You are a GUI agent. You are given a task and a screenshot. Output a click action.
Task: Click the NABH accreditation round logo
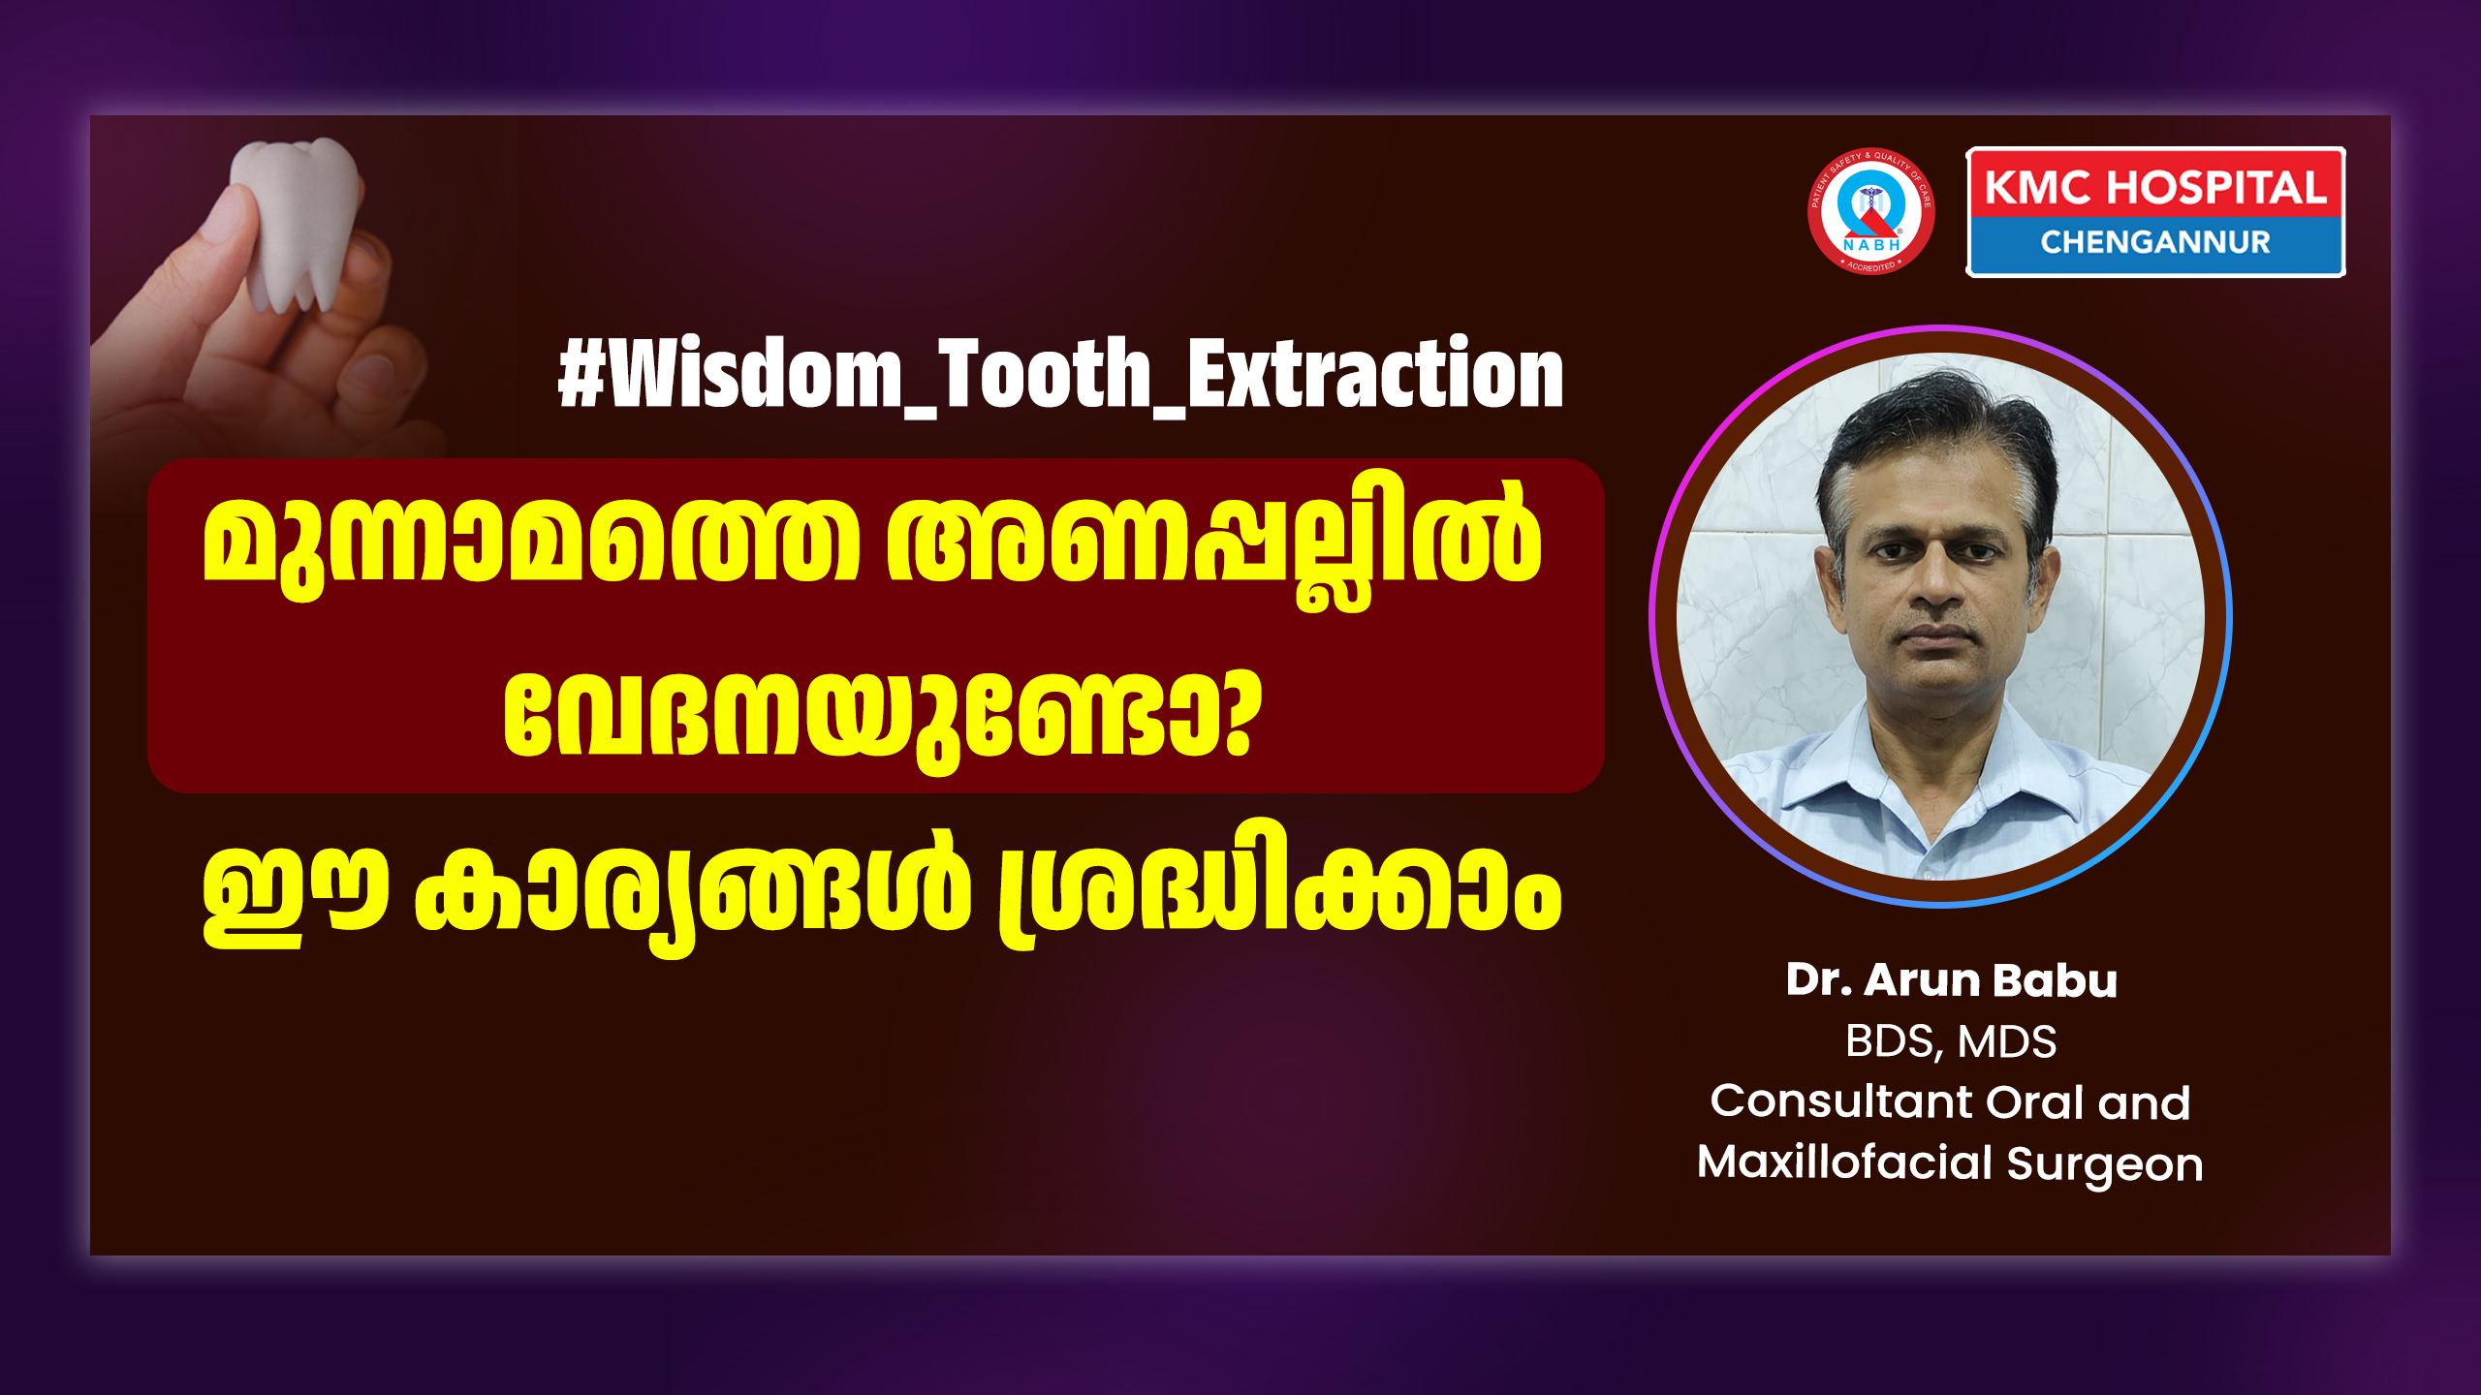click(x=1870, y=210)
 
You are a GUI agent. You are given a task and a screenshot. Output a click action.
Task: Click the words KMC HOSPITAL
click(x=2155, y=187)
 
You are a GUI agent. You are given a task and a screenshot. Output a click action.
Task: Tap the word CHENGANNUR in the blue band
click(x=2155, y=242)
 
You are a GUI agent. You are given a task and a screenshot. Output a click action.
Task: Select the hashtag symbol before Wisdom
click(x=581, y=374)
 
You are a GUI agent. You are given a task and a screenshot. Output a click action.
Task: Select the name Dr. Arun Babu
click(x=1951, y=980)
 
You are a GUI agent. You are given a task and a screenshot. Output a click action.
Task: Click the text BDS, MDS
click(x=1950, y=1042)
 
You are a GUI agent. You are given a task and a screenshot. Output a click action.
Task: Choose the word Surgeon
click(x=2105, y=1165)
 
